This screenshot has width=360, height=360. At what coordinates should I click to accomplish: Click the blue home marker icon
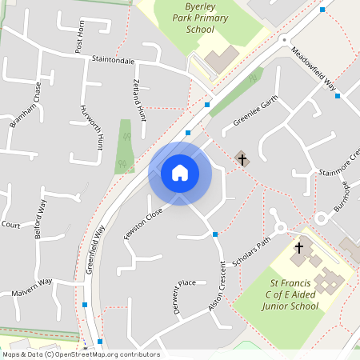180,173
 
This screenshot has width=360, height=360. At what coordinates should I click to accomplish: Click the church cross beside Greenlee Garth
242,159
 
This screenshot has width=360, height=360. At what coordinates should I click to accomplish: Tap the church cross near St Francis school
299,248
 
